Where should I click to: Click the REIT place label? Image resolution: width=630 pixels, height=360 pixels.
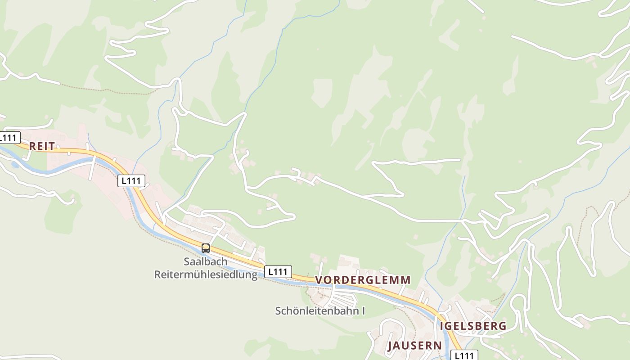click(42, 146)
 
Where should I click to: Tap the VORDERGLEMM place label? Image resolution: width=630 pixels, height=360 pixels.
click(363, 280)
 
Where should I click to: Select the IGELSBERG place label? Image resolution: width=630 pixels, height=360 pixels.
click(473, 326)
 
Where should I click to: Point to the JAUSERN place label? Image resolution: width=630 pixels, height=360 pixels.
click(414, 346)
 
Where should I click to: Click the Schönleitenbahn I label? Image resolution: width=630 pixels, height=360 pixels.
click(320, 310)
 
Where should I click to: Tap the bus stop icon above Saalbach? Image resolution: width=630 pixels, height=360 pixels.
click(206, 248)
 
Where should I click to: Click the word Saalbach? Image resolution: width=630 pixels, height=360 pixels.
click(205, 261)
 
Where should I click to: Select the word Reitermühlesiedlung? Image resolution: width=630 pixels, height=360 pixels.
click(206, 274)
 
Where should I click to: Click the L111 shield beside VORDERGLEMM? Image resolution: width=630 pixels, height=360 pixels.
click(278, 272)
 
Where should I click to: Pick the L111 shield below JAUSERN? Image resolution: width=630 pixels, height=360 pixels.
click(464, 355)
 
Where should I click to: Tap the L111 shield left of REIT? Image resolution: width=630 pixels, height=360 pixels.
click(9, 137)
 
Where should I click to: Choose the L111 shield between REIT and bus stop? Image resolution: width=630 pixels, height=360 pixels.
click(131, 181)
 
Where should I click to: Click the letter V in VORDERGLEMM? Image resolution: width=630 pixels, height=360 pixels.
click(319, 280)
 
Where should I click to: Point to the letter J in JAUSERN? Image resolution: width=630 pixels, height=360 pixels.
click(391, 346)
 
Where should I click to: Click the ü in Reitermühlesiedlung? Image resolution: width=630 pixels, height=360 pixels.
click(205, 274)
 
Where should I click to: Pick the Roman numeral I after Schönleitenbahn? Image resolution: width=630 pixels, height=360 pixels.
click(363, 310)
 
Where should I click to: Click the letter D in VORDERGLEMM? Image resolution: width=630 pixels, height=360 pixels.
click(346, 280)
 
